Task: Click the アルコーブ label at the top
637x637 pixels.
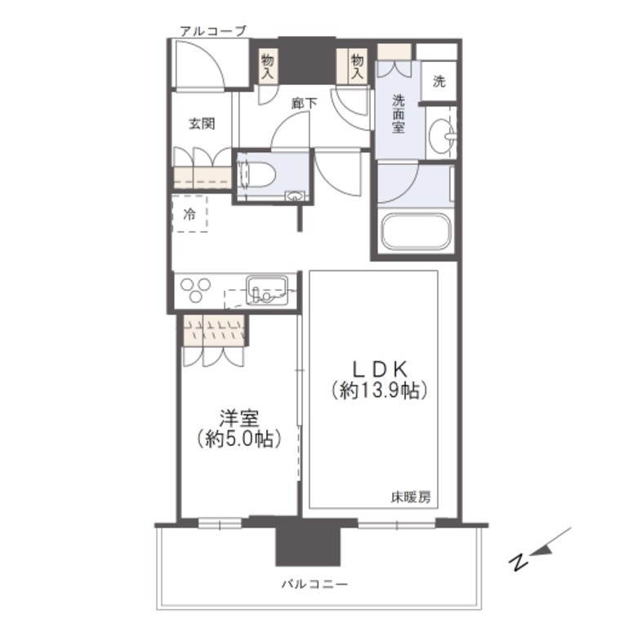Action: (x=213, y=31)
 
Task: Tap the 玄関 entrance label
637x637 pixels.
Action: (x=202, y=123)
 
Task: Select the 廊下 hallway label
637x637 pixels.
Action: (x=305, y=104)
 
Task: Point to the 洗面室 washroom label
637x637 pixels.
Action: (x=399, y=114)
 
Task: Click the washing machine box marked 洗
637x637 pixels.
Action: (x=439, y=81)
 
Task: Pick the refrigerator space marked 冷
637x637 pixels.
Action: (x=189, y=214)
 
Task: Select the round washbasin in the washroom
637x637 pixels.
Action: (x=440, y=136)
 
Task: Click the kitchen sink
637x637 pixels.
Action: (x=267, y=290)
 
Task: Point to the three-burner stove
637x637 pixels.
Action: (x=196, y=290)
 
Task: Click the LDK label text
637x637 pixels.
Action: (x=380, y=370)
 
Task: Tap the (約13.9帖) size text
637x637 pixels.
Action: (x=380, y=391)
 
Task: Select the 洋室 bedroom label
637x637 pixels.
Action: (x=239, y=418)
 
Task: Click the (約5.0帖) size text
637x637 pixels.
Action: (x=239, y=439)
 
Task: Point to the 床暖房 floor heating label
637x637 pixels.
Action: (x=411, y=497)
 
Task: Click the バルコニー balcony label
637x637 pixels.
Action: (x=315, y=585)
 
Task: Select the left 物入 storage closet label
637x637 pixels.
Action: (x=268, y=67)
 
